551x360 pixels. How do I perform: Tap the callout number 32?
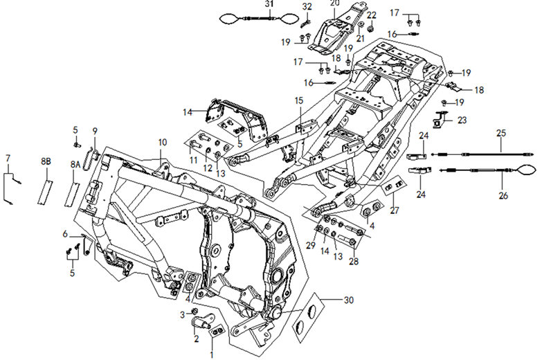307,7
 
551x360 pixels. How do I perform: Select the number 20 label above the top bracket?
334,3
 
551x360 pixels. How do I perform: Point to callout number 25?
502,132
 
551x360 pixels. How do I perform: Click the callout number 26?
503,196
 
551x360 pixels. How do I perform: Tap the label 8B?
46,161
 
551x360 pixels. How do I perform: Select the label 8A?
75,165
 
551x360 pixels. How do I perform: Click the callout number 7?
8,159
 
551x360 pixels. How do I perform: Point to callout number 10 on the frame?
162,143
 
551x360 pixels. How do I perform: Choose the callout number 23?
462,120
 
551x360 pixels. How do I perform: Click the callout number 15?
298,101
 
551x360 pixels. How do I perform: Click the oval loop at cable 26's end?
529,169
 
